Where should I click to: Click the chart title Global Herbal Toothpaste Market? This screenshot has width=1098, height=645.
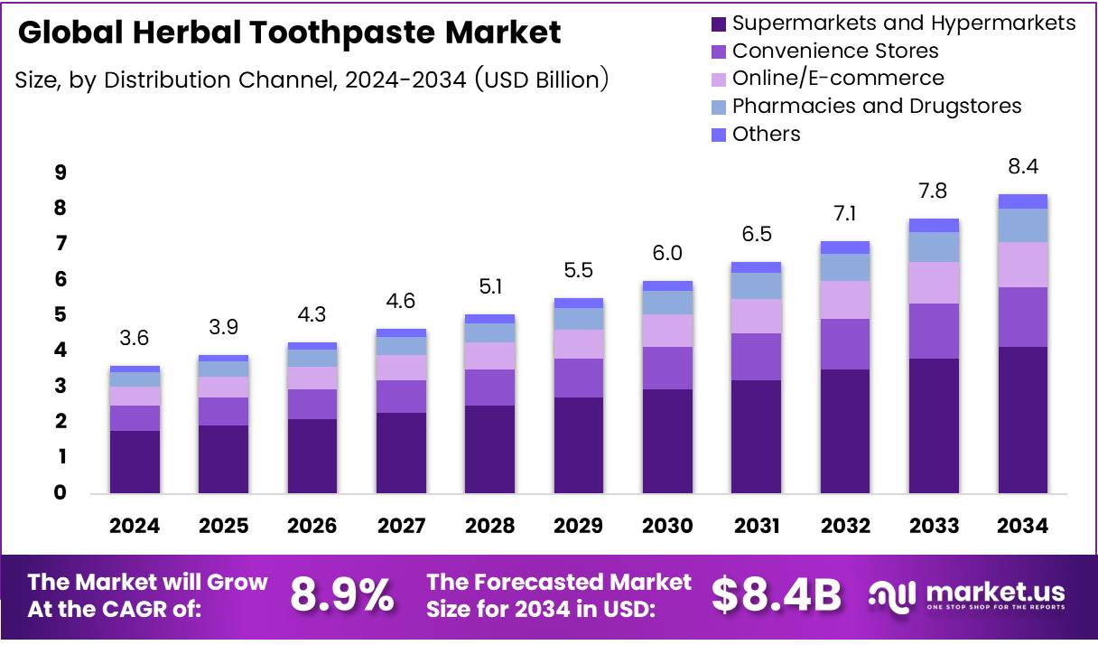pyautogui.click(x=289, y=33)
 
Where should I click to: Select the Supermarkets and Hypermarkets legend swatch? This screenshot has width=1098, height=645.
pyautogui.click(x=719, y=23)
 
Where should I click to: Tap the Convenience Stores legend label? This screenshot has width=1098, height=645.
pyautogui.click(x=835, y=51)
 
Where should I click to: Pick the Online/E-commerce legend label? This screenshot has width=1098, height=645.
pyautogui.click(x=838, y=79)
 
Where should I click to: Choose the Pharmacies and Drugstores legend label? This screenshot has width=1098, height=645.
pyautogui.click(x=877, y=107)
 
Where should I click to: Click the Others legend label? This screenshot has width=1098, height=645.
pyautogui.click(x=767, y=135)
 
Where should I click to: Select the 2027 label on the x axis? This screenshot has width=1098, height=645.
pyautogui.click(x=401, y=526)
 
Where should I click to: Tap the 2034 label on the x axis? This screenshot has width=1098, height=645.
pyautogui.click(x=1022, y=526)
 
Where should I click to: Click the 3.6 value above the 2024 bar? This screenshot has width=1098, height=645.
pyautogui.click(x=135, y=339)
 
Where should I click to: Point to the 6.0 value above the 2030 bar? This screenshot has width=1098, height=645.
pyautogui.click(x=667, y=254)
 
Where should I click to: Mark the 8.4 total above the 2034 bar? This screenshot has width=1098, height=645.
pyautogui.click(x=1022, y=167)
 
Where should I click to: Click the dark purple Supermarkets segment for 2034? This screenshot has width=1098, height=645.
pyautogui.click(x=1022, y=420)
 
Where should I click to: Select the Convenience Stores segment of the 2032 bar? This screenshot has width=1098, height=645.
pyautogui.click(x=844, y=344)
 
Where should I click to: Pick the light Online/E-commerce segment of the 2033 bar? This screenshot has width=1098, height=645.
pyautogui.click(x=934, y=283)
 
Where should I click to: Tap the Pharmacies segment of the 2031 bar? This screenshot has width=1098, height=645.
pyautogui.click(x=756, y=285)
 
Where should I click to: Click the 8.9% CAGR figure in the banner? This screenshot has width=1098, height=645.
pyautogui.click(x=342, y=595)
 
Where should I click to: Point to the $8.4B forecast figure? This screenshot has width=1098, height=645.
pyautogui.click(x=776, y=595)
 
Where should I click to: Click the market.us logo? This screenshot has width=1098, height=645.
pyautogui.click(x=966, y=595)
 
